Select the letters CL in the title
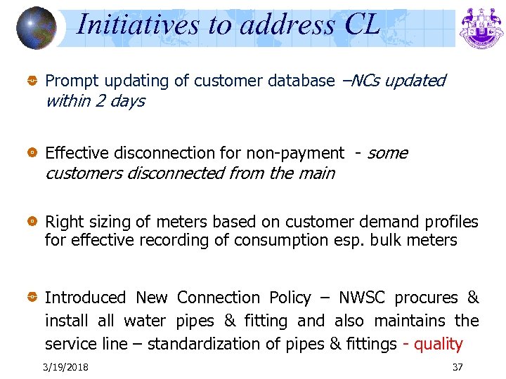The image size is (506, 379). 363,25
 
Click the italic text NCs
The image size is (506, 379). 364,81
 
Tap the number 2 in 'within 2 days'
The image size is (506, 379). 101,101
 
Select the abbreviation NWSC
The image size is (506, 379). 362,298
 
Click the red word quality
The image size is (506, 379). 439,344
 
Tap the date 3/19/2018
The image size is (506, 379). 65,367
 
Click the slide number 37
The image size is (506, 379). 458,367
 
